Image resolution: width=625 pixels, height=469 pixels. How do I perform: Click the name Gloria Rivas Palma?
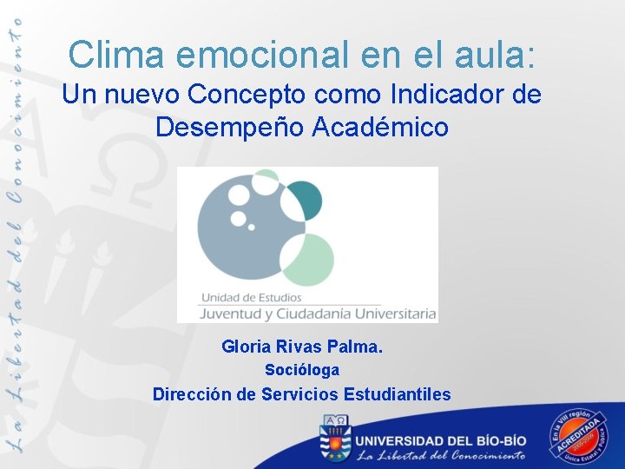point(301,347)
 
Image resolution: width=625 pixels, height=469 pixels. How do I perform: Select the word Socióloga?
point(301,370)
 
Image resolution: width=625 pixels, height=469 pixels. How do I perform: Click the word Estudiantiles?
point(397,394)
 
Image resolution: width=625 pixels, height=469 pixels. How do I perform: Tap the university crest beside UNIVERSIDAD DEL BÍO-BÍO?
point(333,438)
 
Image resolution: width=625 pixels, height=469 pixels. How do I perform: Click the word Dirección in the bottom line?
point(190,394)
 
